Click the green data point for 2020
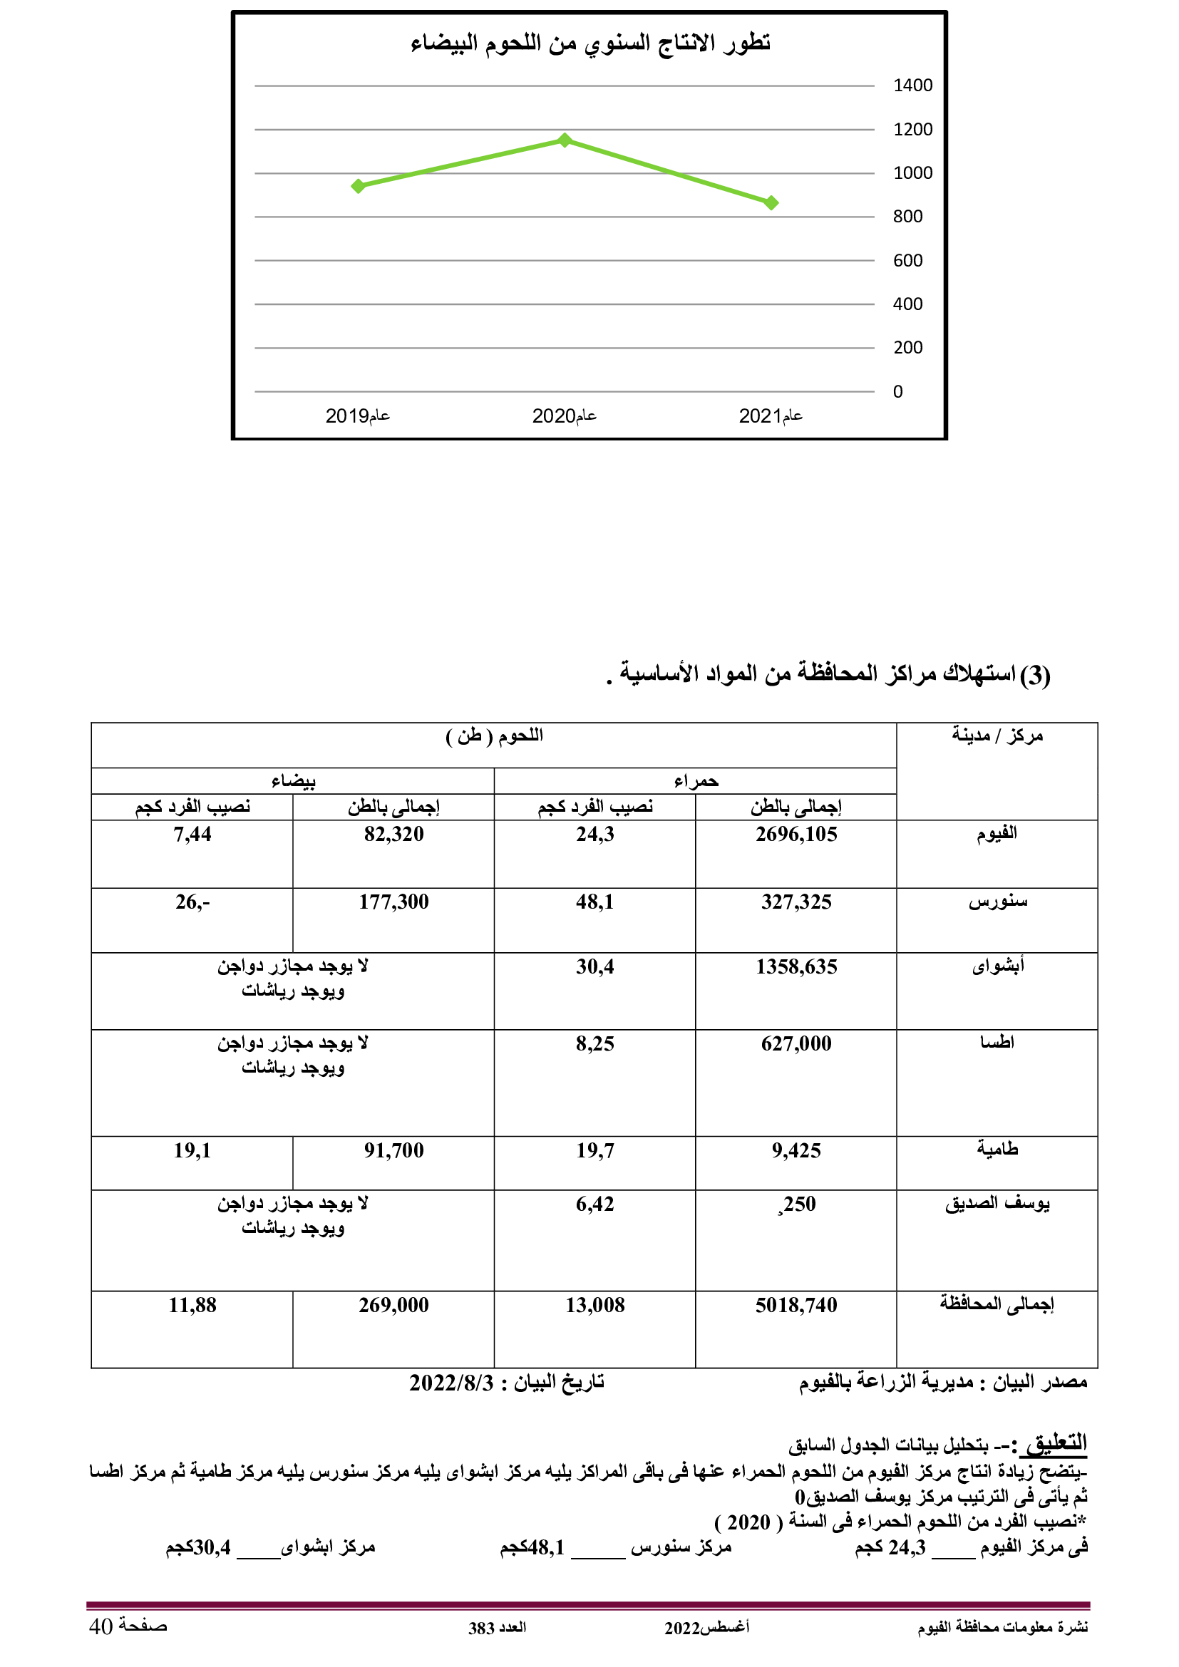565,140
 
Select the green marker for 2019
358,187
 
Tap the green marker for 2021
772,203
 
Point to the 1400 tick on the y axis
912,86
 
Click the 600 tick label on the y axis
907,261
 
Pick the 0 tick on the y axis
898,392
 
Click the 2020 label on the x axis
564,416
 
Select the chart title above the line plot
589,43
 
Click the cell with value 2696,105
796,835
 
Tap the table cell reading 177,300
393,902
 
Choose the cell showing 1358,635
796,966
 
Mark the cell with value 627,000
796,1043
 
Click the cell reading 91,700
393,1150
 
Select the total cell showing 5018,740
796,1305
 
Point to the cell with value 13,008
594,1305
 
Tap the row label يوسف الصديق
997,1203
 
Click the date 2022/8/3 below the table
451,1383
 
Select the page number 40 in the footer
101,1626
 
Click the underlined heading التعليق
1056,1441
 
